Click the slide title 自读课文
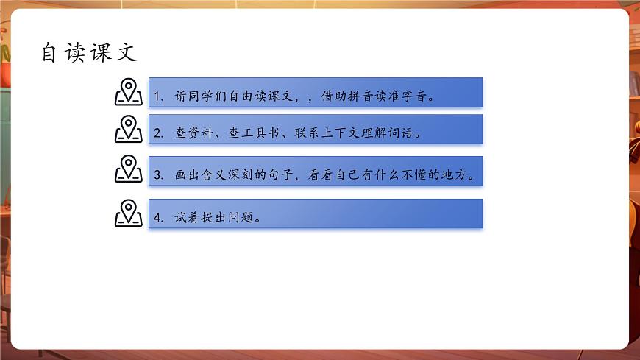90,53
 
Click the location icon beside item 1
129,92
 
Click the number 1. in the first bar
160,96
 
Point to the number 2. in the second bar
160,134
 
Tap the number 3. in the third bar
160,176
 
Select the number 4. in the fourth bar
160,218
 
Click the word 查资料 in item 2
193,134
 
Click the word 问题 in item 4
239,218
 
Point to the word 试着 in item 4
187,218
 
